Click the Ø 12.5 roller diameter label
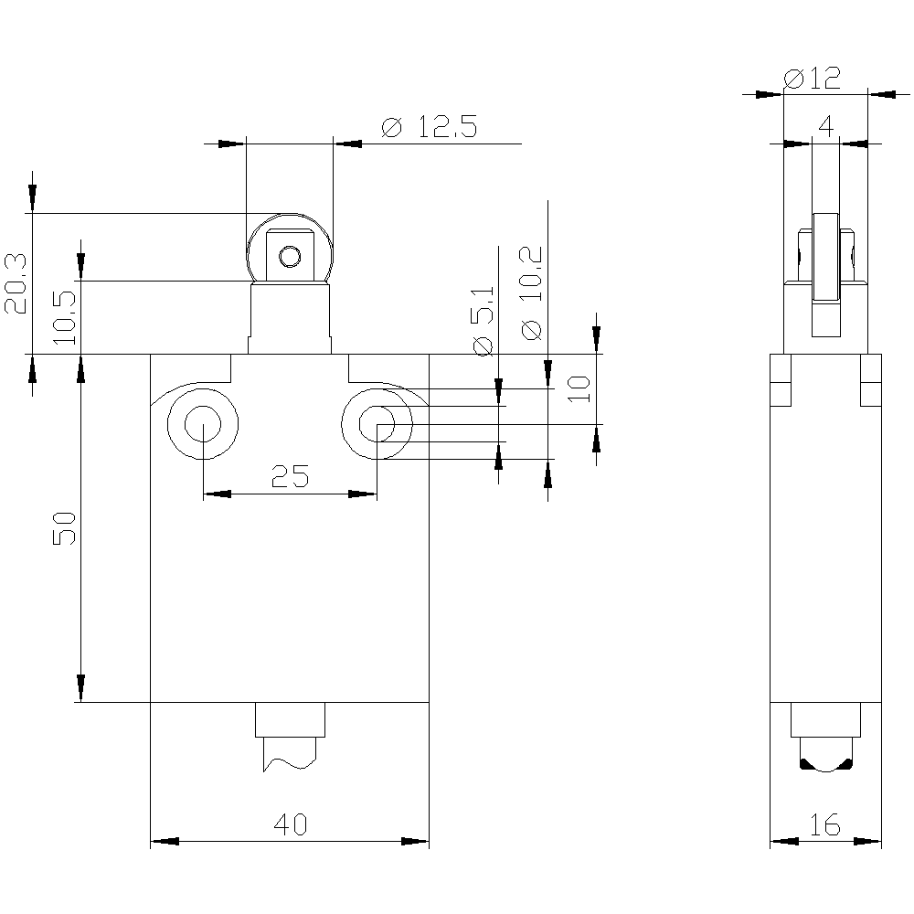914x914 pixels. tap(430, 126)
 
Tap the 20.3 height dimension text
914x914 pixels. tap(16, 284)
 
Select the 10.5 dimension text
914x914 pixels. tap(65, 318)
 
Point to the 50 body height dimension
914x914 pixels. tap(64, 528)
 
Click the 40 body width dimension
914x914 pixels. tap(290, 824)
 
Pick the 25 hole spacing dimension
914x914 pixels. tap(290, 476)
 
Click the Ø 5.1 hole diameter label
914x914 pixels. tap(484, 321)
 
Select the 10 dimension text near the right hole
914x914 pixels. tap(579, 388)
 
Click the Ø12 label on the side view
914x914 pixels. tap(812, 78)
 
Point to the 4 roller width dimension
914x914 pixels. tap(826, 126)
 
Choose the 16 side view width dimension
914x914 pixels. tap(824, 824)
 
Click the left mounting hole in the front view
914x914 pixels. tap(202, 424)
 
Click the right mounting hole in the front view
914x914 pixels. tap(377, 424)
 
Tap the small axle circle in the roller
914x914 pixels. tap(290, 256)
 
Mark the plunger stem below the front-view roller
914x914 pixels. tap(290, 318)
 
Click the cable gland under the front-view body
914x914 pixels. tap(290, 719)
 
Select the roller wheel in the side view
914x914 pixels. tap(826, 274)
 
